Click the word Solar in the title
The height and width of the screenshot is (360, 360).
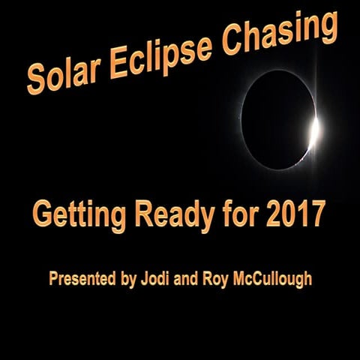(64, 73)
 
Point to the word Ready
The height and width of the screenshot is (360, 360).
(171, 216)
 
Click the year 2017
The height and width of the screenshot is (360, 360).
(295, 214)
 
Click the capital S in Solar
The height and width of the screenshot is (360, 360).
(34, 81)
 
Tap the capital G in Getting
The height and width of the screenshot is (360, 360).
(42, 215)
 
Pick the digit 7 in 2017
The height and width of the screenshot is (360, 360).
(318, 214)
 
